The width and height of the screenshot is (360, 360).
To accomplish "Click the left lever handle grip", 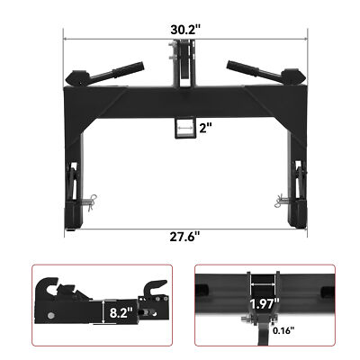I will tap(129, 67).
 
